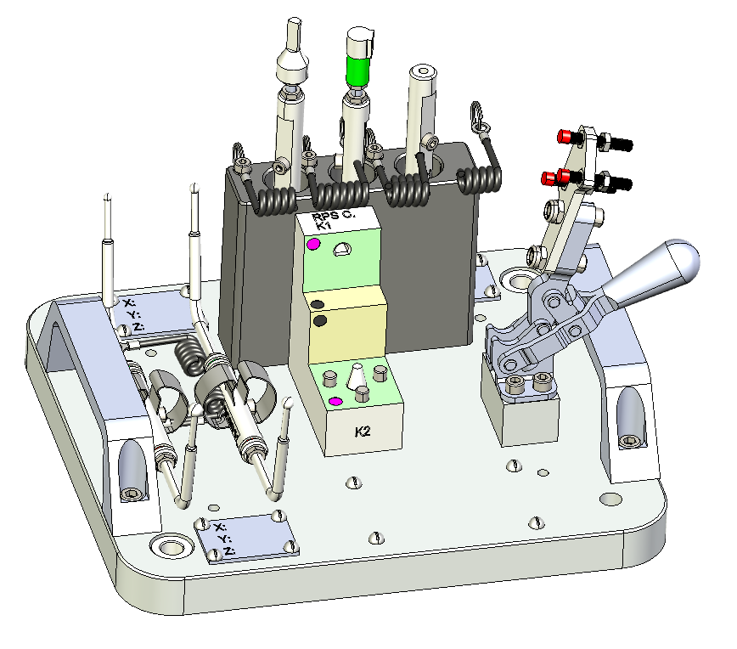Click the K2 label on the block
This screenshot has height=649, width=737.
point(363,432)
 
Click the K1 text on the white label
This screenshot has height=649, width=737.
point(323,225)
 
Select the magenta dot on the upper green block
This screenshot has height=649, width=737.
point(313,244)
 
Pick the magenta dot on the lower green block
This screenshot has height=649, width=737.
point(335,402)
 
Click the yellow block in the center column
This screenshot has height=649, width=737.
point(347,324)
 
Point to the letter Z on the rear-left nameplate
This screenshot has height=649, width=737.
point(138,325)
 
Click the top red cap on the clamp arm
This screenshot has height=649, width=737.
point(564,137)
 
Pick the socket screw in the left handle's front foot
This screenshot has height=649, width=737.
point(131,494)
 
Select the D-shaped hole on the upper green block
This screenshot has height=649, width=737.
point(341,249)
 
